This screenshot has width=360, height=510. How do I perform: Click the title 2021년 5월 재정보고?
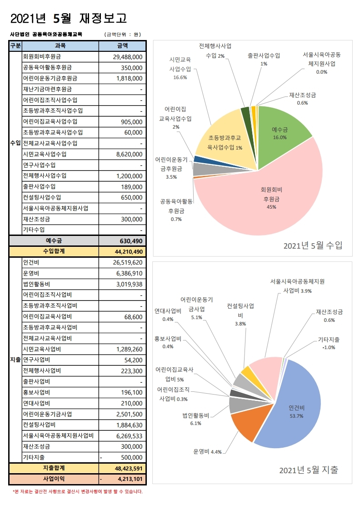click(68, 18)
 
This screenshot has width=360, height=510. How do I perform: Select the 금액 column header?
click(122, 45)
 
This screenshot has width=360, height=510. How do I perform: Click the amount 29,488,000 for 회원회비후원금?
click(128, 57)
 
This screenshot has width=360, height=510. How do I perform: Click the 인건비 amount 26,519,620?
click(128, 262)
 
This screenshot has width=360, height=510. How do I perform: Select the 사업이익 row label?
click(54, 479)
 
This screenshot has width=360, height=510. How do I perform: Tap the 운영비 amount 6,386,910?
click(130, 273)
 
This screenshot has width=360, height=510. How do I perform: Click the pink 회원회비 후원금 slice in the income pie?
click(268, 200)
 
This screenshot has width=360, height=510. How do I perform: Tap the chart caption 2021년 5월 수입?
click(313, 246)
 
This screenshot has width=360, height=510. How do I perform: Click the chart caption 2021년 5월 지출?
click(309, 470)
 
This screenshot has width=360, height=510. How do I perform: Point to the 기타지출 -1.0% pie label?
click(328, 343)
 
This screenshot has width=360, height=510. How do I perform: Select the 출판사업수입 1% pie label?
click(264, 60)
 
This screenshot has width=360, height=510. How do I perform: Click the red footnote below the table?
click(77, 491)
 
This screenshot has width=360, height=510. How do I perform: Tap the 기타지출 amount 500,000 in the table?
click(130, 457)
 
